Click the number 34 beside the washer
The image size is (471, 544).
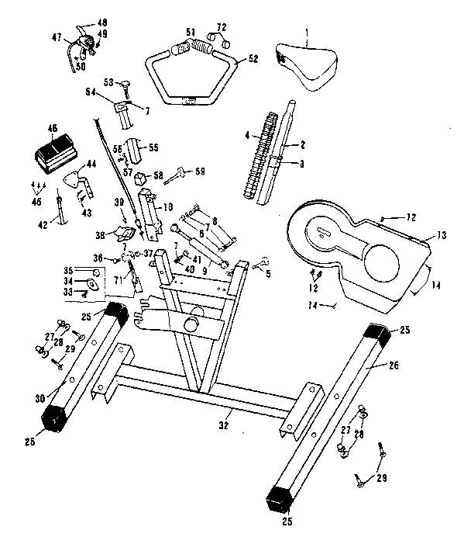pos(67,281)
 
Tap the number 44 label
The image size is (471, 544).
pos(91,164)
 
